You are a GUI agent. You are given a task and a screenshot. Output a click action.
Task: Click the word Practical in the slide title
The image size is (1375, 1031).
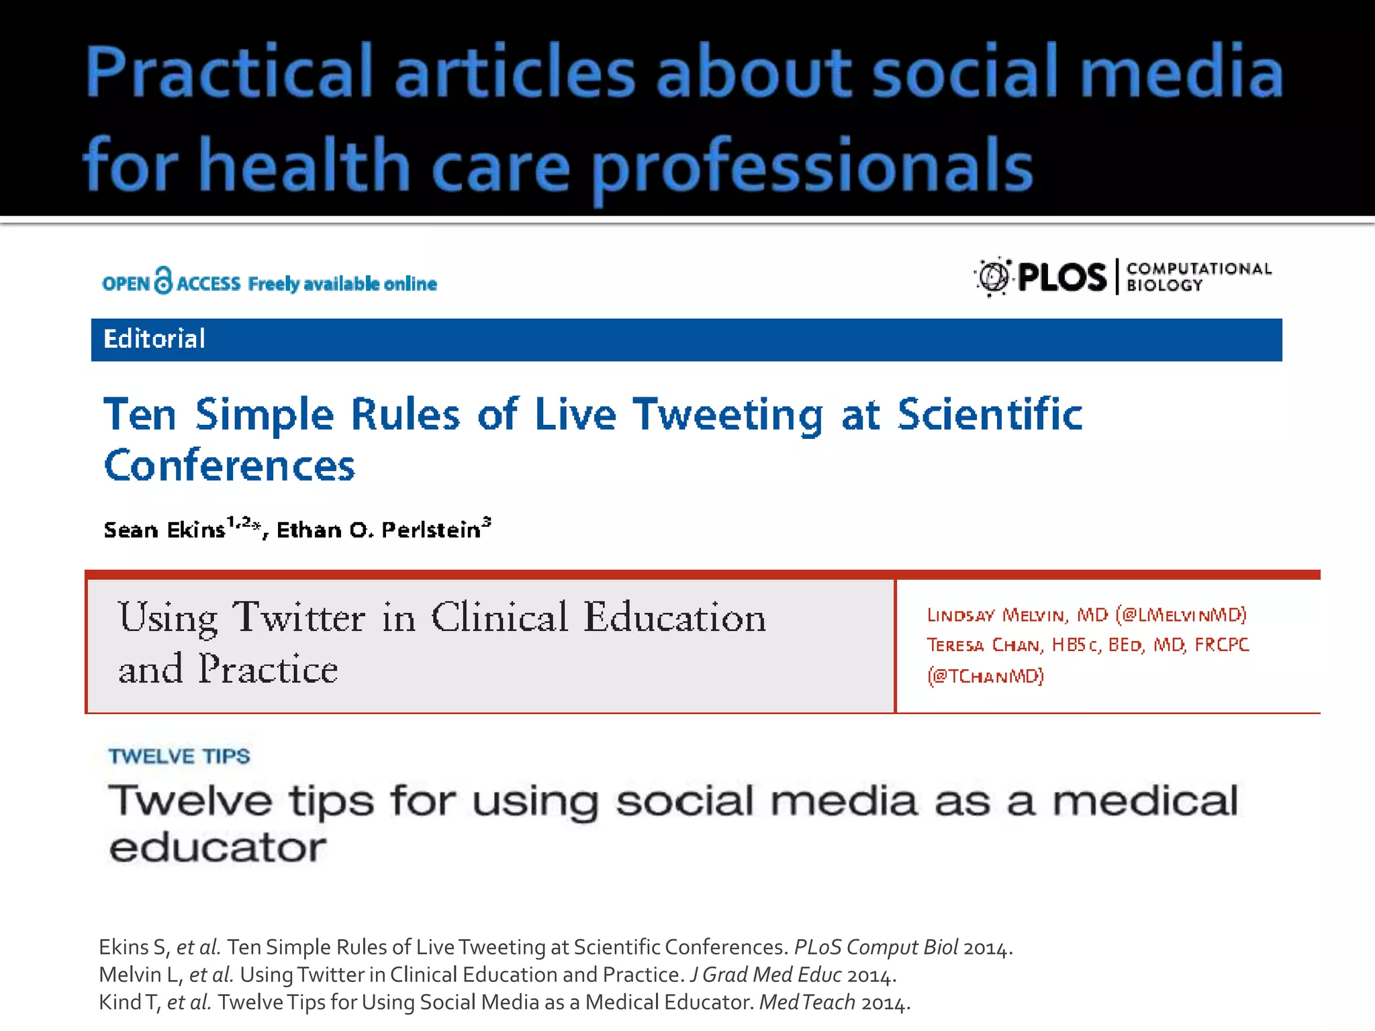click(x=228, y=72)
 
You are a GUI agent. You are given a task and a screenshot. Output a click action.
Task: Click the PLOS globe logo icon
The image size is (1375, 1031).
click(x=993, y=277)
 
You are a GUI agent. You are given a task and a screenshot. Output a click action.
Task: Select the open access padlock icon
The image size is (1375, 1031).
click(x=163, y=281)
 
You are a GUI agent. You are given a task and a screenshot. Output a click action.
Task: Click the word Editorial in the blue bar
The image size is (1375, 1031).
click(x=154, y=340)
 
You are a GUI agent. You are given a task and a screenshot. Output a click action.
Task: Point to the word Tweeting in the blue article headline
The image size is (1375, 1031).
click(x=728, y=415)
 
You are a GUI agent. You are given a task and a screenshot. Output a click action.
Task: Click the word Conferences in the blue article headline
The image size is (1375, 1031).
click(x=230, y=466)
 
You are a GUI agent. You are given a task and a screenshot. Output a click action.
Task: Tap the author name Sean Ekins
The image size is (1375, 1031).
click(x=164, y=530)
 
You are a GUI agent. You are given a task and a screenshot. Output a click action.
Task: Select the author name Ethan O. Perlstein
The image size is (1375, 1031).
click(x=379, y=530)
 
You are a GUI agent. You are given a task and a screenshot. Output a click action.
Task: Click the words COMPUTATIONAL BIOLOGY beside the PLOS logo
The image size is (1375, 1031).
click(x=1198, y=277)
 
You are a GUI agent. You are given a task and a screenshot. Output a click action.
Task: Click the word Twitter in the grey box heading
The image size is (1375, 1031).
click(x=299, y=617)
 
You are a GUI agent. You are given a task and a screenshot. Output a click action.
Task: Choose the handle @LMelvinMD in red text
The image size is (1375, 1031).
click(x=1181, y=615)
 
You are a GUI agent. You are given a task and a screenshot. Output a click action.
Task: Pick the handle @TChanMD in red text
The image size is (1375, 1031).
click(x=986, y=676)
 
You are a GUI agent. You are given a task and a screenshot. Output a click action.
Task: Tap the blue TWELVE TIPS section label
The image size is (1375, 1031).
click(x=179, y=756)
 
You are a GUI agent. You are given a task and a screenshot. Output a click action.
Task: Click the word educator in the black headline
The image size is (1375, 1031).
click(x=218, y=848)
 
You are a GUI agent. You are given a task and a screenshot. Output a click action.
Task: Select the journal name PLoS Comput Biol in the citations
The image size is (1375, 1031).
click(x=875, y=947)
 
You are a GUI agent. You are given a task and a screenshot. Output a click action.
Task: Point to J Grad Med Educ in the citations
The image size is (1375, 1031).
click(x=765, y=975)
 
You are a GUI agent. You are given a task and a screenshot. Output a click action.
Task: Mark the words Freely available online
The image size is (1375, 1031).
click(x=342, y=284)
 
